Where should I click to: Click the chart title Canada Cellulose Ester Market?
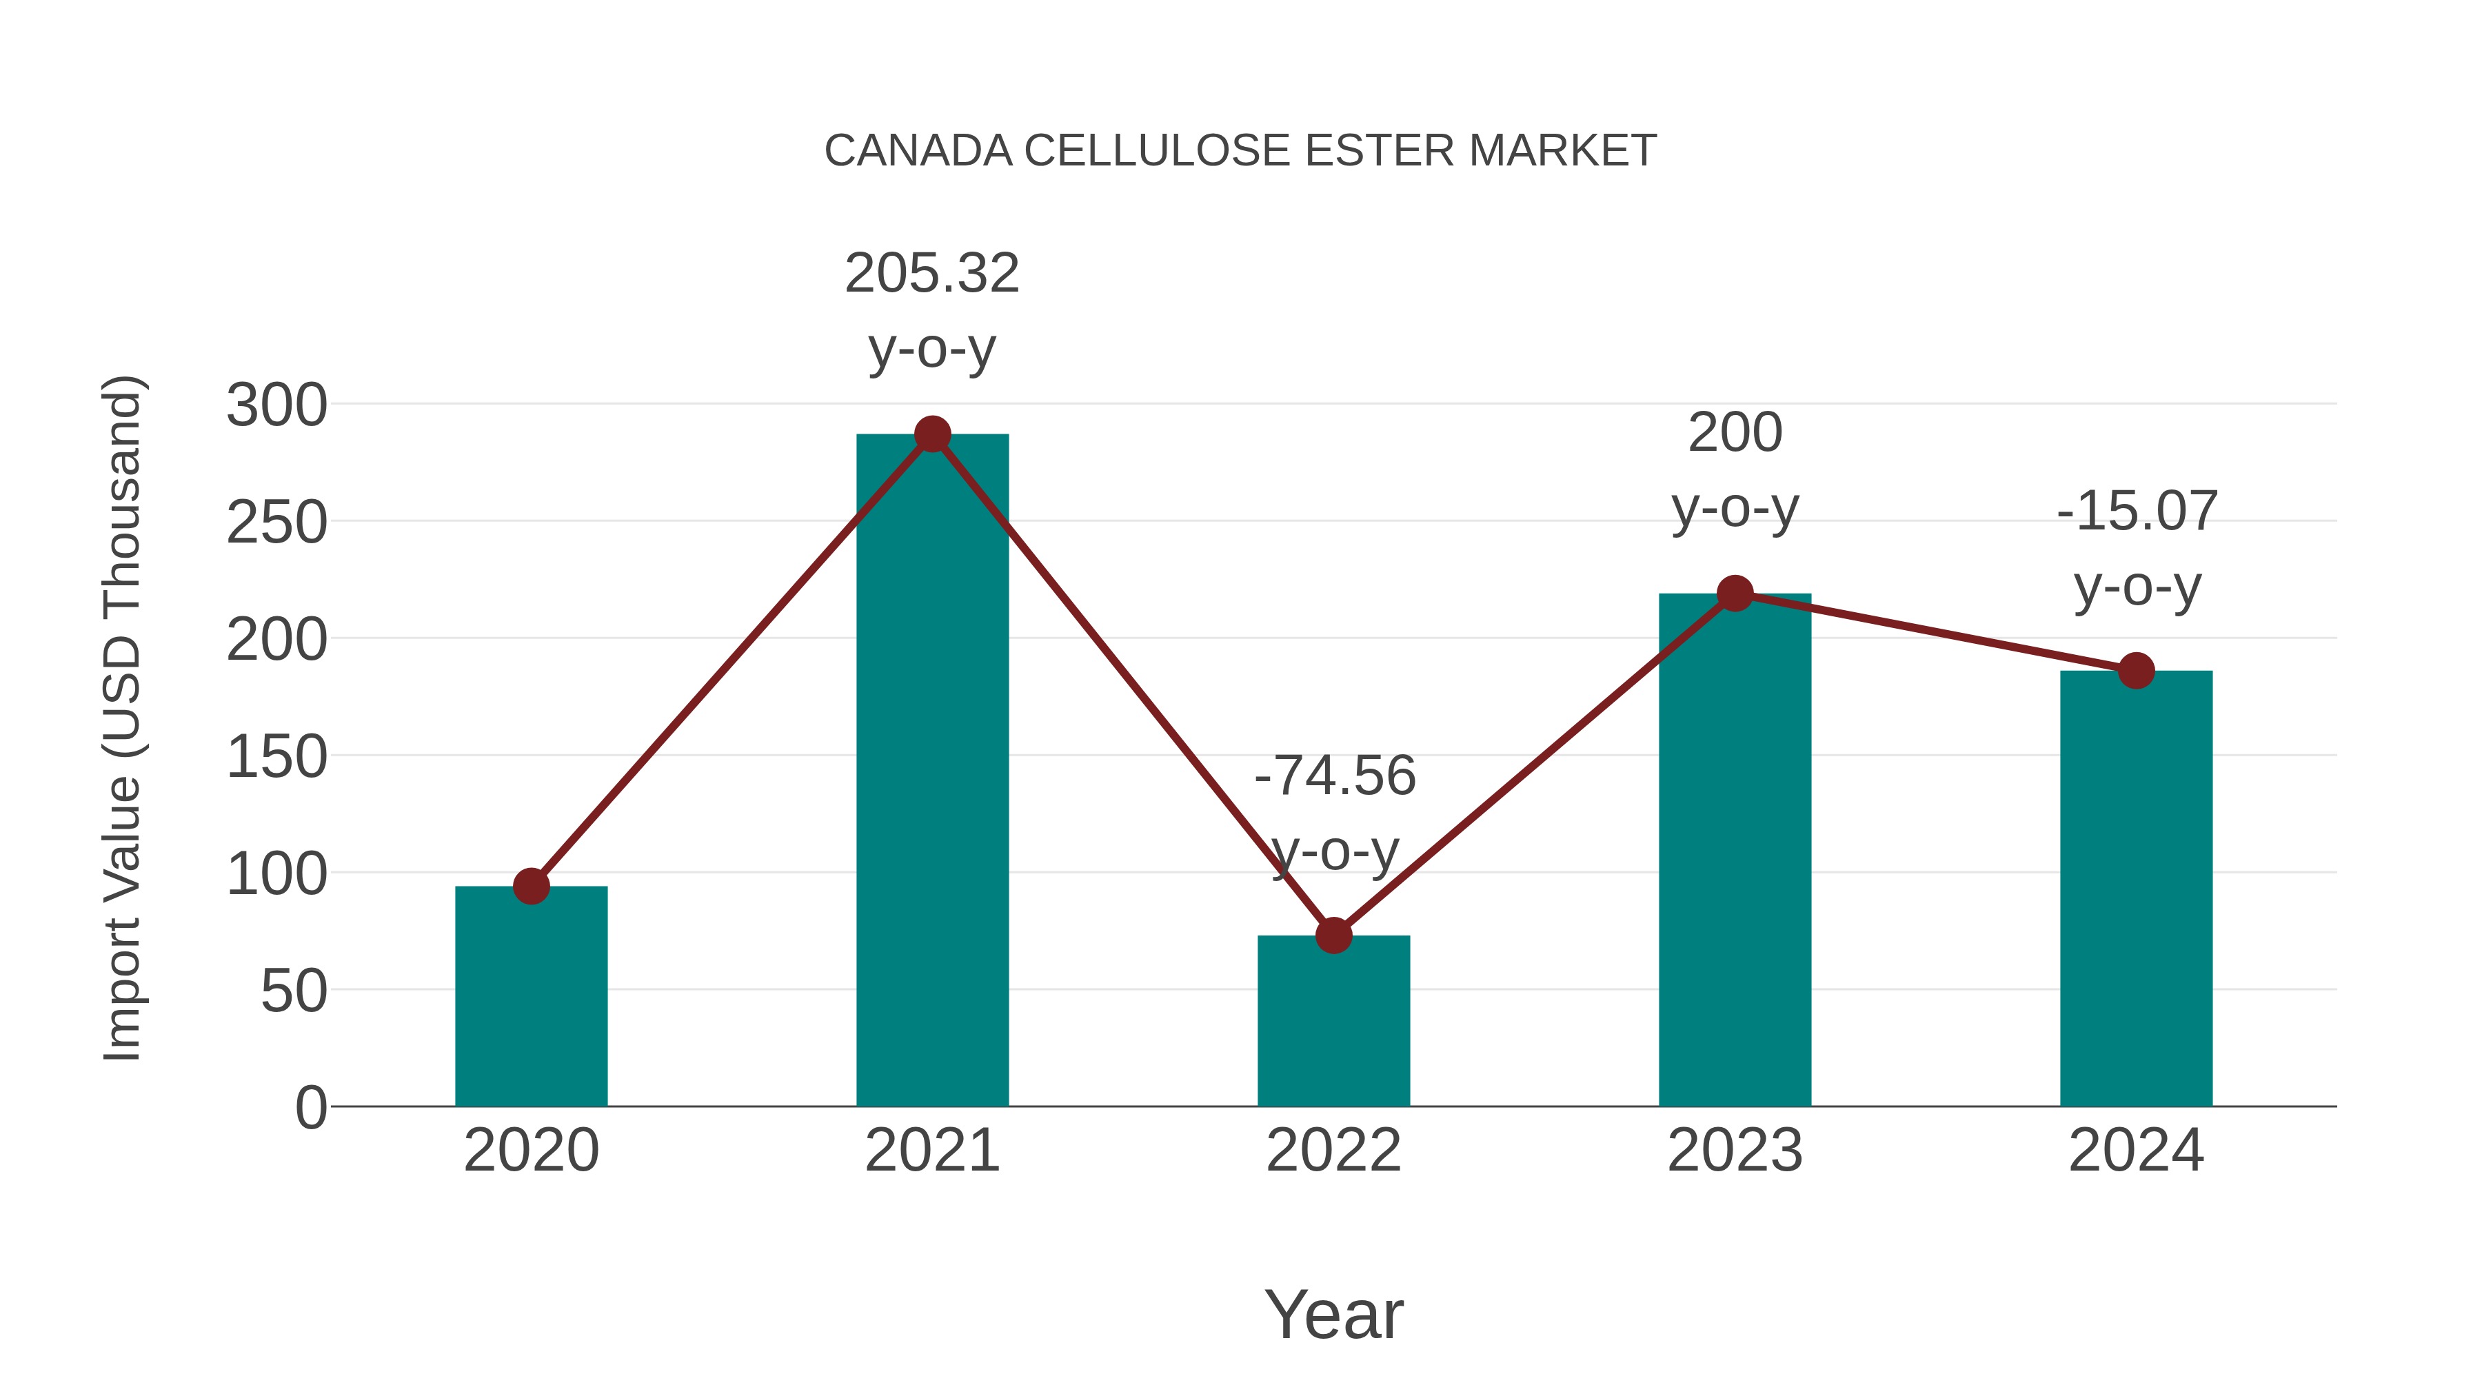tap(1240, 151)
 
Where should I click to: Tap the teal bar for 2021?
tap(931, 771)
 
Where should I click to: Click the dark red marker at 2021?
tap(931, 434)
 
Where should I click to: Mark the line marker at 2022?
tap(1333, 935)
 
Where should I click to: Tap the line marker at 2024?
tap(2136, 671)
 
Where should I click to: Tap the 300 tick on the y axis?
tap(276, 405)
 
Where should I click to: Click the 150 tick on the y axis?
tap(276, 757)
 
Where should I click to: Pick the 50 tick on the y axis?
tap(293, 991)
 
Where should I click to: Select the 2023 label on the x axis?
tap(1735, 1151)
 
